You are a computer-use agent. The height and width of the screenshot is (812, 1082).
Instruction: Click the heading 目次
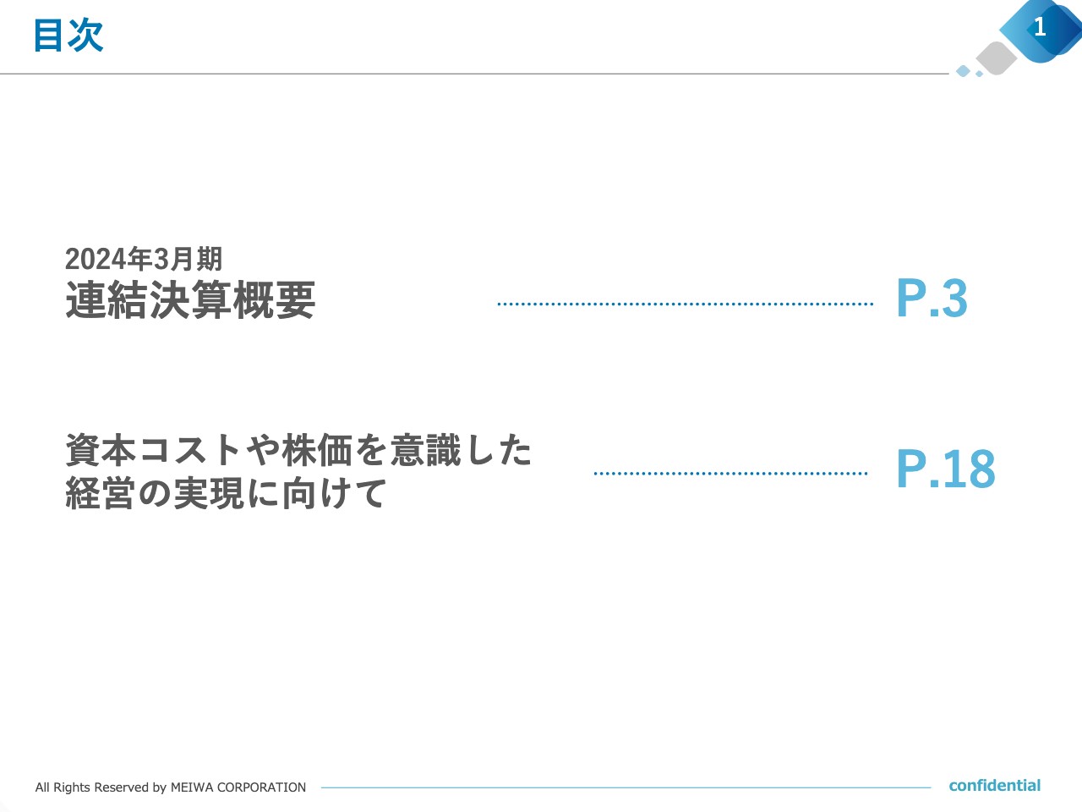point(68,36)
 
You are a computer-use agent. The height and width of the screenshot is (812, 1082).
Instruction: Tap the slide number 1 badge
point(1040,27)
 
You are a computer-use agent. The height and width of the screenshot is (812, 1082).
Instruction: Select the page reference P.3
point(932,299)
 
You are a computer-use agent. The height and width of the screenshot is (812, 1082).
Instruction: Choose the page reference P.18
point(945,469)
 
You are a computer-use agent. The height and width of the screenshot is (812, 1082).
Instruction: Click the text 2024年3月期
point(144,259)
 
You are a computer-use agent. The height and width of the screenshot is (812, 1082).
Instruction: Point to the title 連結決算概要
point(190,300)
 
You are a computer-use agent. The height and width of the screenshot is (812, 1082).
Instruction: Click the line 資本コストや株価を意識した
point(298,450)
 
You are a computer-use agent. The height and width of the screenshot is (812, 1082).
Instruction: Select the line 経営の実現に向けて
point(226,493)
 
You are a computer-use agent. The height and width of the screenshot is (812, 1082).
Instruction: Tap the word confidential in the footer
point(994,786)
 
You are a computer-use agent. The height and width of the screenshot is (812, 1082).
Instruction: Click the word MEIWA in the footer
point(192,787)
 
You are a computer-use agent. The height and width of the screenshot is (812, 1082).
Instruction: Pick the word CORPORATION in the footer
point(261,787)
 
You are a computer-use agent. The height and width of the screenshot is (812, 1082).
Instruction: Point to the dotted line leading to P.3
point(685,304)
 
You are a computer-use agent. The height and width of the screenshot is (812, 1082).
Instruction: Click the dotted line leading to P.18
point(730,474)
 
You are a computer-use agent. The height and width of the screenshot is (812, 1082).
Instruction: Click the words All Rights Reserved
point(91,787)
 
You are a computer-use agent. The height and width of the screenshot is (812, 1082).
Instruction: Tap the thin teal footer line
point(626,787)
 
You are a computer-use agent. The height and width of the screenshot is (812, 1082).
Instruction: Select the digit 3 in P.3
point(954,299)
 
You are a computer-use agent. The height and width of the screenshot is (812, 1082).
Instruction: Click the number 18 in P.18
point(970,469)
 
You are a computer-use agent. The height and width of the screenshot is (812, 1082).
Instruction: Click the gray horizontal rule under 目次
point(473,74)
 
